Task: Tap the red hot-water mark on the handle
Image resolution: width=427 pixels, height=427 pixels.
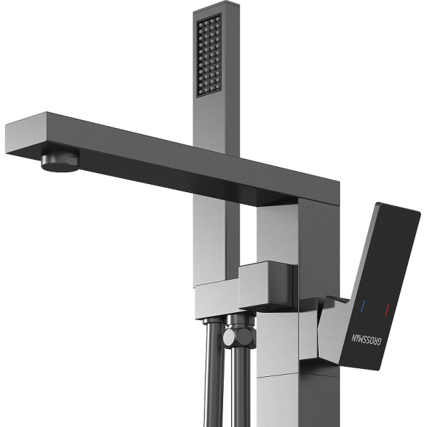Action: (x=386, y=310)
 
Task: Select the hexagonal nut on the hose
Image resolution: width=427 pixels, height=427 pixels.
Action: (x=239, y=336)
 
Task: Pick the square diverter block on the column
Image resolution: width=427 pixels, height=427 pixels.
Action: (x=266, y=284)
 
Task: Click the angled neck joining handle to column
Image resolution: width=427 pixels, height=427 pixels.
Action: (x=331, y=324)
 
